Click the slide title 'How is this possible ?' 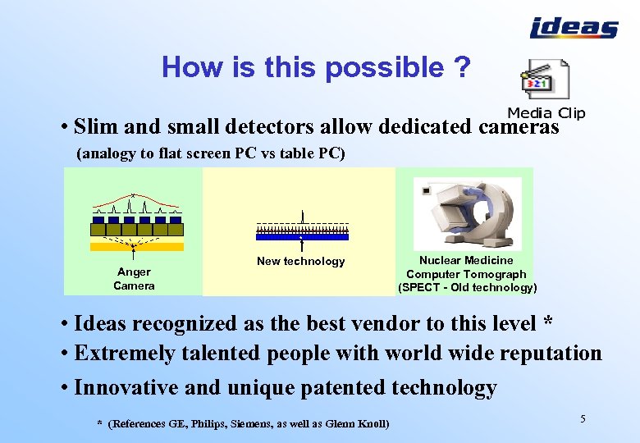pos(316,67)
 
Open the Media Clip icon pos(546,81)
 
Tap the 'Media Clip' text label pos(546,113)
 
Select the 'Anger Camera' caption pos(134,279)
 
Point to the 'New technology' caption pos(300,262)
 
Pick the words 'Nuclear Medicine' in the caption pos(466,260)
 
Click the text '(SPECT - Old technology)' pos(467,288)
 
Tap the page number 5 pos(583,419)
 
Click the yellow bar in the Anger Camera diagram pos(136,246)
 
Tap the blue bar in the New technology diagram pos(302,236)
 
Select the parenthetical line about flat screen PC pos(211,153)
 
